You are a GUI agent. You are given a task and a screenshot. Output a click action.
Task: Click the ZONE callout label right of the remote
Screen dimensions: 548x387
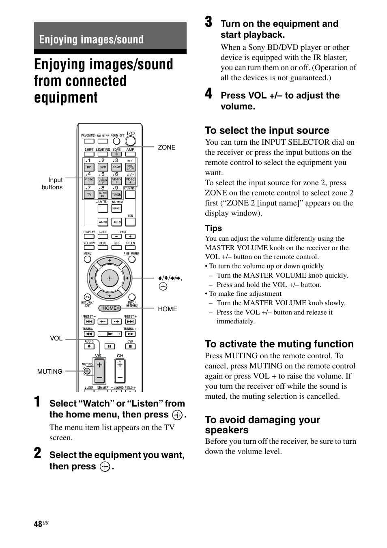166,148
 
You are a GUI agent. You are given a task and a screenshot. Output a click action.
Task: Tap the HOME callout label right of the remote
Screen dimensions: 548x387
167,309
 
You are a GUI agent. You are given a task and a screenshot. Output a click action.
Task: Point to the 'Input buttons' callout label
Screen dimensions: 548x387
53,183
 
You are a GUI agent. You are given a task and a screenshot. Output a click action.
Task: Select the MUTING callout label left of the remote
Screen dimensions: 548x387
50,371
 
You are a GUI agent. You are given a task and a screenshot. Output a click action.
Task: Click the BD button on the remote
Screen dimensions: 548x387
89,167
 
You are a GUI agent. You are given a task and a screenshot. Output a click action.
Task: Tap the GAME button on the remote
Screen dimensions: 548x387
116,167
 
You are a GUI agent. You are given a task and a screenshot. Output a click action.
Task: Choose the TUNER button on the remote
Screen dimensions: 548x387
116,194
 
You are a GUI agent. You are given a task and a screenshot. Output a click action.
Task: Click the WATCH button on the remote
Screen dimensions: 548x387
103,222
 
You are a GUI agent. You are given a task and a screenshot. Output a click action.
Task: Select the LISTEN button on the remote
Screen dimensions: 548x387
116,222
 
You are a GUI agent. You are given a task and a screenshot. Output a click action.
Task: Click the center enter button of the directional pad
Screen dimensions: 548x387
109,278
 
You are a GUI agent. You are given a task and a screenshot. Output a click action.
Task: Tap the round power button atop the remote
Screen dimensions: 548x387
130,141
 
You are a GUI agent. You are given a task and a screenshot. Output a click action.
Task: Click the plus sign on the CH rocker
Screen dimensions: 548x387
120,365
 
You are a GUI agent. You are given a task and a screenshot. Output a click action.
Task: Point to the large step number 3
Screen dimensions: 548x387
209,22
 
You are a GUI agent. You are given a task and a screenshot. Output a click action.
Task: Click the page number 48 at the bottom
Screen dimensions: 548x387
38,524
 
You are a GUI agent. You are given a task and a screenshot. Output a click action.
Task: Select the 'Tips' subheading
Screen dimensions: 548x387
213,228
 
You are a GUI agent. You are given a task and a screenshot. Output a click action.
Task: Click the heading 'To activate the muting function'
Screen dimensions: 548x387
279,344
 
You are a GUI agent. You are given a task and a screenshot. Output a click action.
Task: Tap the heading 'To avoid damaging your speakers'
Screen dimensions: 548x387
262,425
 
